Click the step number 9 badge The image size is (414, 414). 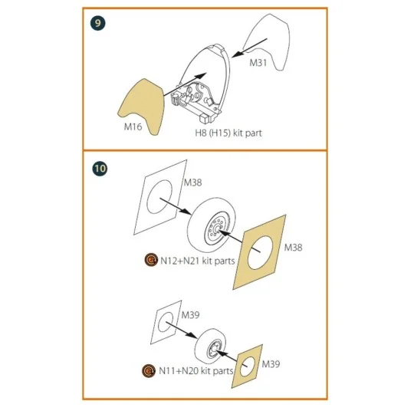98,23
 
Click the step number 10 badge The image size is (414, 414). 98,168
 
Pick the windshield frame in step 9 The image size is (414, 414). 202,77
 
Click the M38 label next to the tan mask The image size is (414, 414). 295,248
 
